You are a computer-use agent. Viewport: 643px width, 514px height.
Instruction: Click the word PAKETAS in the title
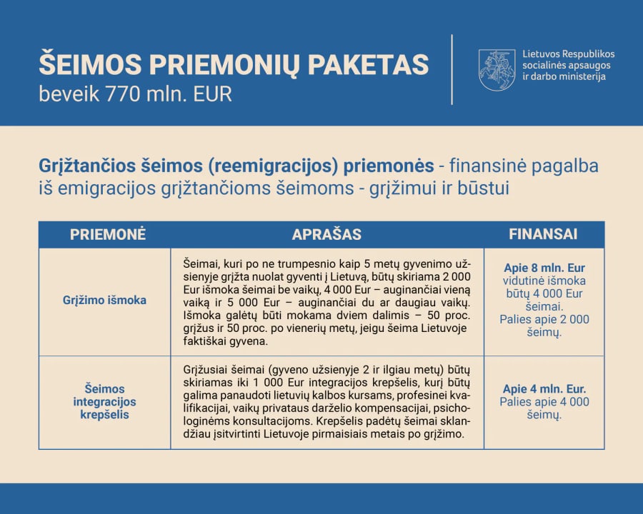(x=368, y=65)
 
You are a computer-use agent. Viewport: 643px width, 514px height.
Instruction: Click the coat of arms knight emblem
(x=497, y=70)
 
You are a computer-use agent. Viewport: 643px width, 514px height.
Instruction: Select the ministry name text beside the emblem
(x=569, y=65)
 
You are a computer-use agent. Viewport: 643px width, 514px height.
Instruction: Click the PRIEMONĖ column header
(x=108, y=234)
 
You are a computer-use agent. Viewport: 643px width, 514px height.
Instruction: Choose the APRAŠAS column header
(x=327, y=234)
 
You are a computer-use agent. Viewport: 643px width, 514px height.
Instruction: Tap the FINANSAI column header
(x=543, y=234)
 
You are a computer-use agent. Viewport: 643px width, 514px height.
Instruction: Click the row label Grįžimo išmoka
(x=104, y=300)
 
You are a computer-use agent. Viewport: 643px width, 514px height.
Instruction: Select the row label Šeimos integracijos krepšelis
(x=104, y=402)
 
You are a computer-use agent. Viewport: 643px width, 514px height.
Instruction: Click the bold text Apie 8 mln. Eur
(x=544, y=268)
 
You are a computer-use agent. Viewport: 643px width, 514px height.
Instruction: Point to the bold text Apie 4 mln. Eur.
(x=544, y=388)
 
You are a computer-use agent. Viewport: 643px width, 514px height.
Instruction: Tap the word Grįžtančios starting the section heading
(x=87, y=166)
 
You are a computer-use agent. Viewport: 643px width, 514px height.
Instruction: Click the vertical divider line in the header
(x=452, y=70)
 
